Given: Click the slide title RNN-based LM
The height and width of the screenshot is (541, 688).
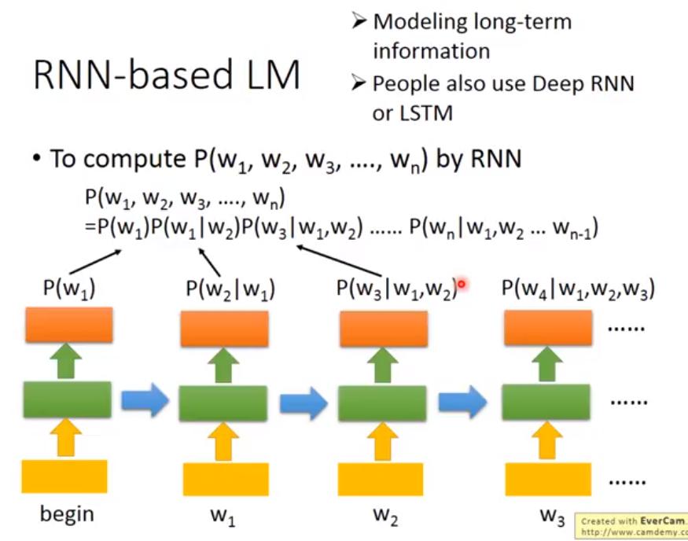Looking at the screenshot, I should [x=166, y=77].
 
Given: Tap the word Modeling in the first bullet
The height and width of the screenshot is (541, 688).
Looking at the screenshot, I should [x=418, y=22].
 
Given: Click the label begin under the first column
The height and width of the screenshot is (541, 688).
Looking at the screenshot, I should [x=67, y=514].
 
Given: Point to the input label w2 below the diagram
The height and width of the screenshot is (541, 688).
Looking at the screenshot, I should [x=383, y=517].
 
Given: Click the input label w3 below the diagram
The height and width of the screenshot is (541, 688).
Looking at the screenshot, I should [x=552, y=517].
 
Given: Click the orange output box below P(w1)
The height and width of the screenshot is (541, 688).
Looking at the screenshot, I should [x=69, y=325].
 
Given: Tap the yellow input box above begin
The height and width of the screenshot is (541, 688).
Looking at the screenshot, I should [x=64, y=476].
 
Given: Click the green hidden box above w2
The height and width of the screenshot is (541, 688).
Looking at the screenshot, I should [x=382, y=403].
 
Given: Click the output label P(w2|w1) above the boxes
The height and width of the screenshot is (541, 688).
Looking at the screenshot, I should [x=226, y=289].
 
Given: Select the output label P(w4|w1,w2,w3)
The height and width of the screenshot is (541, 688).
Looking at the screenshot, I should [x=578, y=289].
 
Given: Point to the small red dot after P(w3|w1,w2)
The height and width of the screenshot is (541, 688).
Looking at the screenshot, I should [x=462, y=285].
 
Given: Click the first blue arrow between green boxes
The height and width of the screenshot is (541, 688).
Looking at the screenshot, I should [x=145, y=402].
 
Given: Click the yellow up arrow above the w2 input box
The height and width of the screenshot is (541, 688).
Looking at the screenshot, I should [x=383, y=442].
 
